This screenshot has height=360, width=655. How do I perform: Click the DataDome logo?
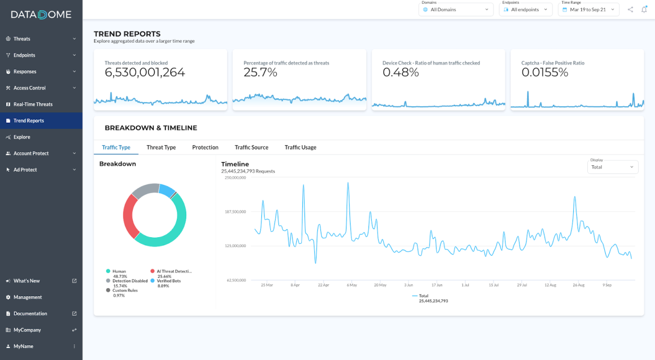[x=41, y=15]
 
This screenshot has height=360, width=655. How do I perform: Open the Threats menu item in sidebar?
[x=22, y=39]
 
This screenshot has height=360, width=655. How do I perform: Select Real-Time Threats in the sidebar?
[x=33, y=104]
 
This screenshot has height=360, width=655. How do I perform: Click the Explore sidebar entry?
[x=22, y=137]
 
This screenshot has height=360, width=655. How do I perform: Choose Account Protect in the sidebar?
[x=31, y=153]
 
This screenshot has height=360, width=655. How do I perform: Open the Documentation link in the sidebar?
[x=30, y=314]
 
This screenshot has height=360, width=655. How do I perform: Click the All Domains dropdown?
[x=456, y=9]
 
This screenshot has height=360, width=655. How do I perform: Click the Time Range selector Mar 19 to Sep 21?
[x=588, y=9]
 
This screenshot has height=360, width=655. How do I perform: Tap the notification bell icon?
[x=644, y=9]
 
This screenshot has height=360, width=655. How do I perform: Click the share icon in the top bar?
[x=630, y=9]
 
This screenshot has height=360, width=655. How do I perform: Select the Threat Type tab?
[x=161, y=147]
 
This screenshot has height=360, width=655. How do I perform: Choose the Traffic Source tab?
[x=251, y=147]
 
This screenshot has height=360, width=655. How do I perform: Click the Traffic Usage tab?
[x=300, y=147]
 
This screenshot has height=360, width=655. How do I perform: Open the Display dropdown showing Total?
[x=612, y=167]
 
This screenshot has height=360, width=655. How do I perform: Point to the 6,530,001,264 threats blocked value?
[x=145, y=73]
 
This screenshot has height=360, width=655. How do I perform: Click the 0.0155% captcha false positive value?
[x=545, y=73]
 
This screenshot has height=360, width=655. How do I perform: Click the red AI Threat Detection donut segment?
[x=129, y=216]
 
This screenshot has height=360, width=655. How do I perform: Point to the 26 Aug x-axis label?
[x=579, y=285]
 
